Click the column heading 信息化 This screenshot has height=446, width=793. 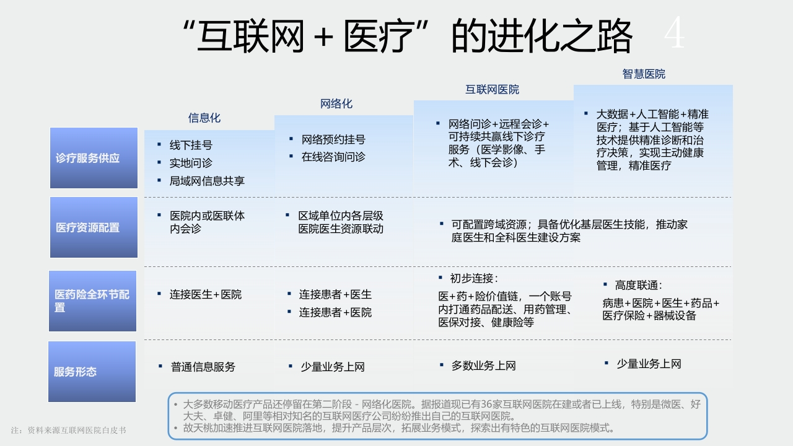click(x=204, y=118)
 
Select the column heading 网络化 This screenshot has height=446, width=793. click(x=336, y=103)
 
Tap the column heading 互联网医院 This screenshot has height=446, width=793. click(x=492, y=90)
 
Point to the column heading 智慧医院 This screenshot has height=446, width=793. click(x=644, y=74)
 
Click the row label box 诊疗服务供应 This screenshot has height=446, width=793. click(x=94, y=158)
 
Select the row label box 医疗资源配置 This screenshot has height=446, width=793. click(x=94, y=227)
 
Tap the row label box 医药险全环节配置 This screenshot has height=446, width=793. click(x=92, y=301)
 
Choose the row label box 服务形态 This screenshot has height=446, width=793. click(x=92, y=371)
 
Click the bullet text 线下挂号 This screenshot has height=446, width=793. click(x=191, y=145)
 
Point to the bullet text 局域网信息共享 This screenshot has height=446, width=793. click(x=207, y=181)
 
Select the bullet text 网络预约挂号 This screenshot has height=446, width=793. click(x=333, y=139)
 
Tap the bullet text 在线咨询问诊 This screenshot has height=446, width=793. click(x=333, y=157)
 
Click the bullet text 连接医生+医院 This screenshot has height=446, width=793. click(x=206, y=294)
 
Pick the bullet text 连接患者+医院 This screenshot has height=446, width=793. click(x=335, y=312)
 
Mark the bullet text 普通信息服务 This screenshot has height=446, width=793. click(x=203, y=367)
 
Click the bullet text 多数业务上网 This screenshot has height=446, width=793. click(x=484, y=365)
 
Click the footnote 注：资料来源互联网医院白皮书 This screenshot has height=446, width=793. click(x=68, y=431)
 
